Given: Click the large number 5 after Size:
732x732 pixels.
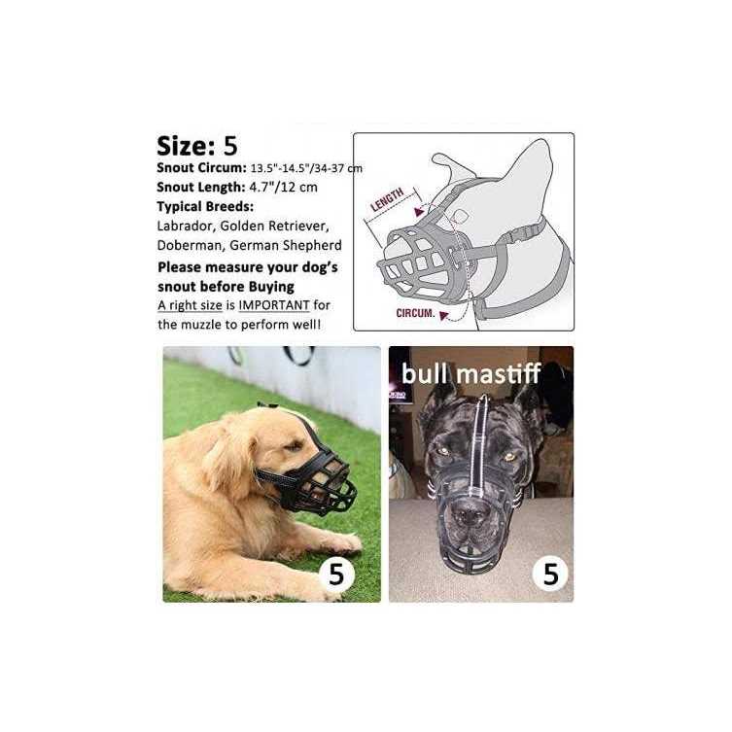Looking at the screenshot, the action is tap(230, 146).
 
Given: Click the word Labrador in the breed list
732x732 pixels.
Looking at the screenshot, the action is tap(185, 226).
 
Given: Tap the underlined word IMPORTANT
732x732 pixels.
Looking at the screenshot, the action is tap(274, 305).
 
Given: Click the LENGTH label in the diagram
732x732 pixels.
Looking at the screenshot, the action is tap(387, 200).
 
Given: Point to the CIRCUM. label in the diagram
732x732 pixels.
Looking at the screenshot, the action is tap(415, 313).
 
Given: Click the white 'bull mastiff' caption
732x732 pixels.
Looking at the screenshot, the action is tap(471, 374).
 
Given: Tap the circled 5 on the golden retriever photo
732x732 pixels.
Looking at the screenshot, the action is tap(336, 574).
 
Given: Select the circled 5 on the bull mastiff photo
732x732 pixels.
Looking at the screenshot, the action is tap(550, 574).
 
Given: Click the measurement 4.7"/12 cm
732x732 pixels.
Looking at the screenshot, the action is tap(283, 188).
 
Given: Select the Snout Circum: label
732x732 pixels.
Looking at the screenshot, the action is tap(201, 168).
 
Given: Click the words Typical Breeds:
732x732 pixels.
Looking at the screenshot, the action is tap(205, 206).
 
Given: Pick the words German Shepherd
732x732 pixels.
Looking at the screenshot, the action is tap(286, 246).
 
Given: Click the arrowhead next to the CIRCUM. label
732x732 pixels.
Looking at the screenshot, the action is tap(444, 316).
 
